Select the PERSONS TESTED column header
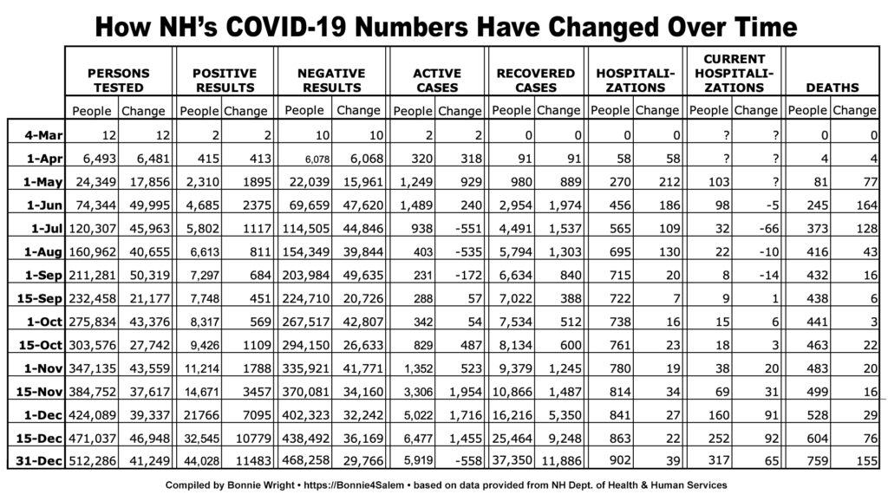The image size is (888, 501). pyautogui.click(x=118, y=81)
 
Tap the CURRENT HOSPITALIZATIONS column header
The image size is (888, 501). pyautogui.click(x=734, y=73)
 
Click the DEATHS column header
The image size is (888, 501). pyautogui.click(x=832, y=88)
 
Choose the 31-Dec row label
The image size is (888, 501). pyautogui.click(x=39, y=461)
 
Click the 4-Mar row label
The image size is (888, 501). pyautogui.click(x=43, y=135)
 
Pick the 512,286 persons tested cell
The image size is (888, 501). pyautogui.click(x=92, y=461)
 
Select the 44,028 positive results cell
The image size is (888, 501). pyautogui.click(x=201, y=461)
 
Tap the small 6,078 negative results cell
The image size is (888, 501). pyautogui.click(x=317, y=159)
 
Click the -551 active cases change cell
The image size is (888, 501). pyautogui.click(x=467, y=228)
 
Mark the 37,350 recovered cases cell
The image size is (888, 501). pyautogui.click(x=512, y=460)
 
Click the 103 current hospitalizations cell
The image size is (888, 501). pyautogui.click(x=719, y=182)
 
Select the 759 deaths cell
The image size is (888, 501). pyautogui.click(x=817, y=461)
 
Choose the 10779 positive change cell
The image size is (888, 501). pyautogui.click(x=253, y=439)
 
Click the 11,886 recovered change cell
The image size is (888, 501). pyautogui.click(x=561, y=461)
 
